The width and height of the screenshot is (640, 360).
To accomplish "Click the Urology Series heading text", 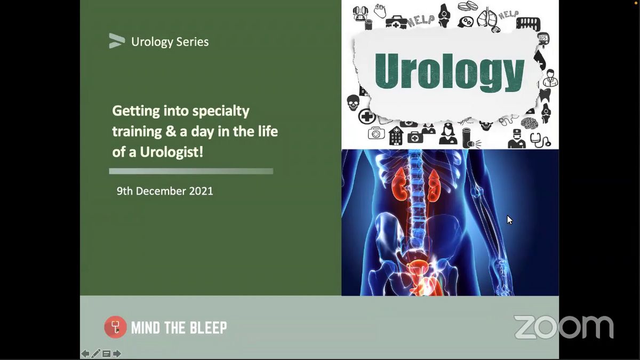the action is (x=170, y=42).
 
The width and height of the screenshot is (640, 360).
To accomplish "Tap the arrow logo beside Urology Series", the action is (x=117, y=41).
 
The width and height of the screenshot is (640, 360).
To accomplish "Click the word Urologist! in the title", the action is (x=171, y=152).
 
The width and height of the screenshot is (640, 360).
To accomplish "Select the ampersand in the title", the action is (x=170, y=131).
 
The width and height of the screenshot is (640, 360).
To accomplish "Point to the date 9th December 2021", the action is (x=165, y=191).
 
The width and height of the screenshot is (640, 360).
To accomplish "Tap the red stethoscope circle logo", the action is (x=115, y=327).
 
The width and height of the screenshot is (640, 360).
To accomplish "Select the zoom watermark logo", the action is (x=563, y=327).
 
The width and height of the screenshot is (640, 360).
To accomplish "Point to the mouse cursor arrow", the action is (x=510, y=220).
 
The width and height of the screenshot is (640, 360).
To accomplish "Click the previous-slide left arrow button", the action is (x=85, y=354).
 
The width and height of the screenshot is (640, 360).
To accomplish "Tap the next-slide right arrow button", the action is (x=117, y=354).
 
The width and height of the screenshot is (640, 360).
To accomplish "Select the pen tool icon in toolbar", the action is (x=95, y=354).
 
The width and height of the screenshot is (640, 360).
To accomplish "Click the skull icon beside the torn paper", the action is (x=353, y=103).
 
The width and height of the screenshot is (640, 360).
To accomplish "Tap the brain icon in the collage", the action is (x=529, y=123).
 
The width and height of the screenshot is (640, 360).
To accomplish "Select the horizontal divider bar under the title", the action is (x=191, y=171).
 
